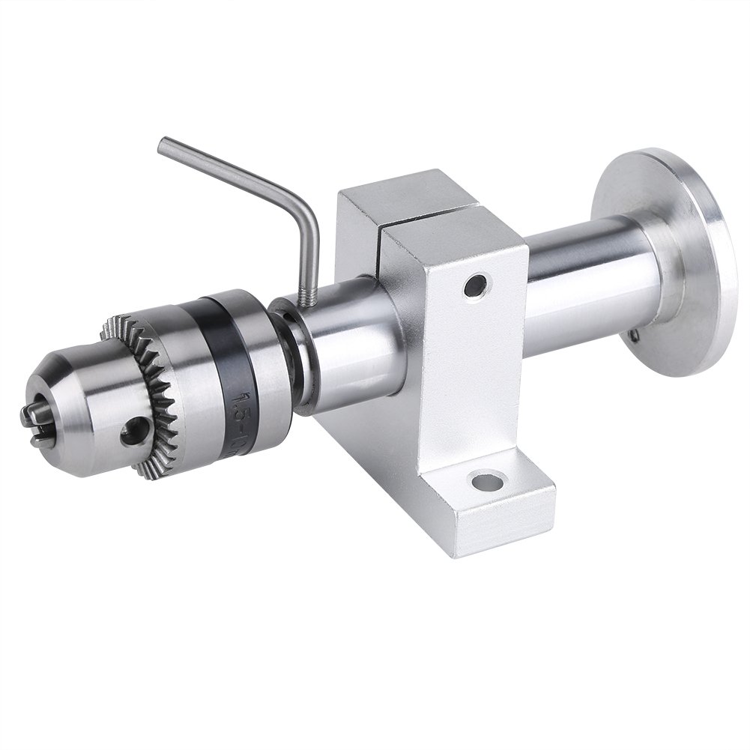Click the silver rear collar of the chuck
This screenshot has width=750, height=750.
tap(258, 330)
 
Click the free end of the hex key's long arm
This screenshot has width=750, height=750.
tap(164, 143)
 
